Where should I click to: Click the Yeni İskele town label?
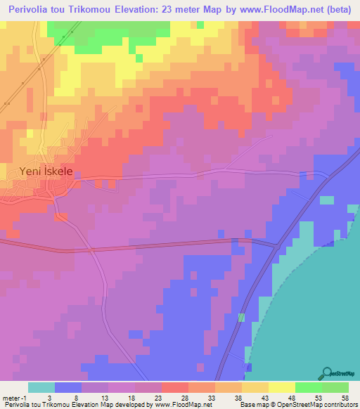click(45, 171)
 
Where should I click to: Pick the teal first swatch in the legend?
click(41, 387)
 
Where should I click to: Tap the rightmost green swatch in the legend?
click(335, 387)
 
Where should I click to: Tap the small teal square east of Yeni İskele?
click(327, 200)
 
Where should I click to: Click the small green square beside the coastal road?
click(241, 318)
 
